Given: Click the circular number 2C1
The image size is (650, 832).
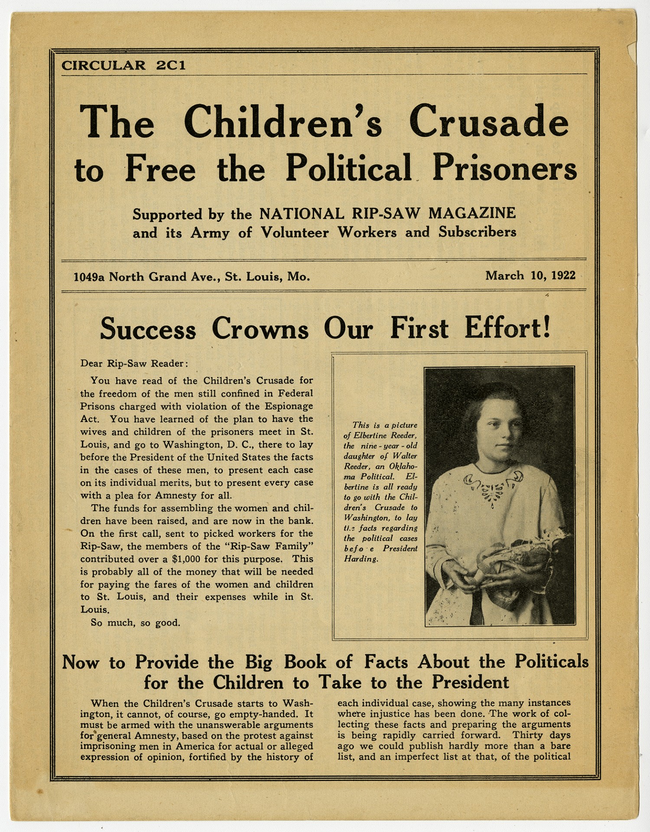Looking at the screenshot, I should click(171, 65).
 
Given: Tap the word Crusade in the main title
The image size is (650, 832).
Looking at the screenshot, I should click(488, 122).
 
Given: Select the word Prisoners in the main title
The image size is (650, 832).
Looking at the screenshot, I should click(504, 168).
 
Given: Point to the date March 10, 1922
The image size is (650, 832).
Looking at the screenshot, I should click(530, 275).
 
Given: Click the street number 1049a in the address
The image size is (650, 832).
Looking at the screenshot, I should click(89, 277).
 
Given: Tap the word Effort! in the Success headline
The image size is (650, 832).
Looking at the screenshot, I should click(507, 328).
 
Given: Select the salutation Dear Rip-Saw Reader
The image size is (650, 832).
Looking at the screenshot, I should click(134, 363).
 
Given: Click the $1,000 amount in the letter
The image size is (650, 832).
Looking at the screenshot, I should click(188, 559).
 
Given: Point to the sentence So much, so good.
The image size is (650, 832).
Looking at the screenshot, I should click(135, 622).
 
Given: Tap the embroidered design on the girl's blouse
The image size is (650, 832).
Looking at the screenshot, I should click(493, 487).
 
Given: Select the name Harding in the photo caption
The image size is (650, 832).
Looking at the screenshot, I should click(361, 559).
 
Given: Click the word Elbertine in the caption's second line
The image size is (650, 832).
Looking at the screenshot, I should click(371, 435).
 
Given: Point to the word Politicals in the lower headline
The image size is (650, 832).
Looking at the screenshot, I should click(551, 661).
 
